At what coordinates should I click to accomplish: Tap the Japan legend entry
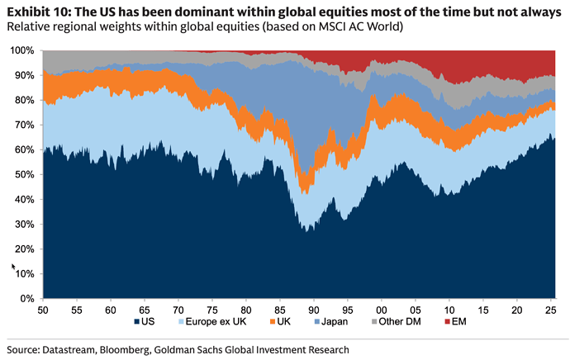(x=330, y=321)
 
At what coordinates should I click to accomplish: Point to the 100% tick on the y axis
(x=23, y=50)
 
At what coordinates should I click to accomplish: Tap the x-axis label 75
(x=211, y=308)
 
